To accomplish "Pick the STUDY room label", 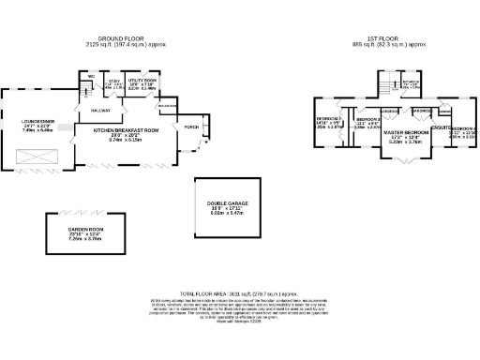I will click(114, 82).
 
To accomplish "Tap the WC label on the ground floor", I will click(92, 76).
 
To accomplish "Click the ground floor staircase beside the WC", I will click(83, 90).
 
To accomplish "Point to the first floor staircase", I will click(386, 87).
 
